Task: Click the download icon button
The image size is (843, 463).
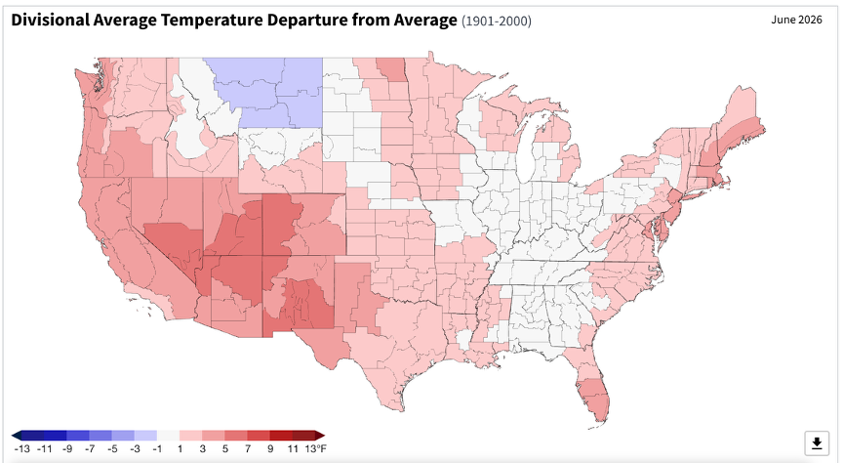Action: (x=817, y=443)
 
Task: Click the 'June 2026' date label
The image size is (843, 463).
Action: (x=796, y=20)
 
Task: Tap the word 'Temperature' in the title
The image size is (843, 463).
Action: (x=212, y=21)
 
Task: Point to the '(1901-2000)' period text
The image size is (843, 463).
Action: (x=497, y=21)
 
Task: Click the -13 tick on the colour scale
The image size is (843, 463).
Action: (x=22, y=448)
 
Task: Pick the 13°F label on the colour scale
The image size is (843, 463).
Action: (x=315, y=448)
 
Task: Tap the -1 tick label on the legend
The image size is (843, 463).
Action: (x=157, y=448)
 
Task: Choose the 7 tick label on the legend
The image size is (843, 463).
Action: (x=247, y=448)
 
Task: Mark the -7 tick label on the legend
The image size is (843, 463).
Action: (x=89, y=448)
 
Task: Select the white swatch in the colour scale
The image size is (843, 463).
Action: (x=168, y=436)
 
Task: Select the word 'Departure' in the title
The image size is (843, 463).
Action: (x=307, y=21)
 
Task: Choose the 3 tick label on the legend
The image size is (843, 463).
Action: (x=202, y=448)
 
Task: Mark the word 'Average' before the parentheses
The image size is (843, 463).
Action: (x=424, y=21)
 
